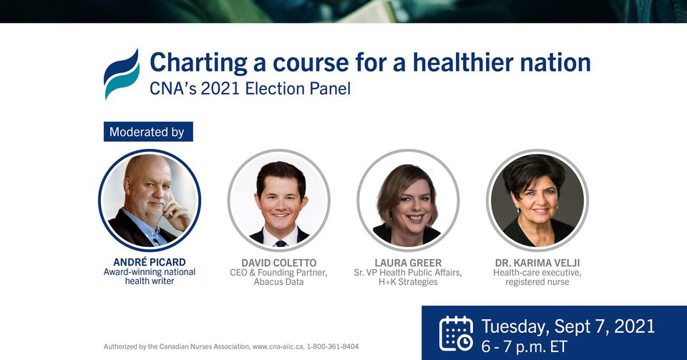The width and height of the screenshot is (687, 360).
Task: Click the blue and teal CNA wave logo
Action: pyautogui.click(x=122, y=74)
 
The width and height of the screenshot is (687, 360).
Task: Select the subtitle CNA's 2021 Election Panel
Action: pyautogui.click(x=250, y=89)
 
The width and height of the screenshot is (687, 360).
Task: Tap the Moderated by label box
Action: pyautogui.click(x=148, y=132)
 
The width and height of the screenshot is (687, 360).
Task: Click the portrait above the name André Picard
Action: pyautogui.click(x=150, y=200)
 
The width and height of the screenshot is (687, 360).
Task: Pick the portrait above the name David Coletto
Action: pyautogui.click(x=278, y=200)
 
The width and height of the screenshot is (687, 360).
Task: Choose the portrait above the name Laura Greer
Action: pyautogui.click(x=408, y=200)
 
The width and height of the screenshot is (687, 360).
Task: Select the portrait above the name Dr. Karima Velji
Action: pyautogui.click(x=537, y=200)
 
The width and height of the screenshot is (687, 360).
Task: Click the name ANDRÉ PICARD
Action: pyautogui.click(x=150, y=262)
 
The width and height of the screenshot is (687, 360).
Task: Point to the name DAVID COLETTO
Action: pyautogui.click(x=278, y=263)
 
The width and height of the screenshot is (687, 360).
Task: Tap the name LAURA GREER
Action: pyautogui.click(x=408, y=263)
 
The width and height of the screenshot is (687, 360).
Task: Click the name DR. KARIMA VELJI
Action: pyautogui.click(x=537, y=263)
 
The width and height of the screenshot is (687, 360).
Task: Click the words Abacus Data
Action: pyautogui.click(x=278, y=282)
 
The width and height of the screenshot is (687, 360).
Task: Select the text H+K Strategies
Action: pyautogui.click(x=408, y=282)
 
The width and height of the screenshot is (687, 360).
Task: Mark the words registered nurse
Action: pyautogui.click(x=537, y=282)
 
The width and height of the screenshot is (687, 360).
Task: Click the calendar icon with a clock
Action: pyautogui.click(x=456, y=334)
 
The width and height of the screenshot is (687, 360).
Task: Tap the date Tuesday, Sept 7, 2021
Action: pyautogui.click(x=567, y=326)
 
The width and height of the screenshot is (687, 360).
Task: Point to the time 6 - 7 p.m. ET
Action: pyautogui.click(x=524, y=346)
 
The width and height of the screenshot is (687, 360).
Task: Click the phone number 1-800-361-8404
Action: pyautogui.click(x=333, y=346)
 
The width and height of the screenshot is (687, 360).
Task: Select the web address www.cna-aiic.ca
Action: pyautogui.click(x=278, y=346)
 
